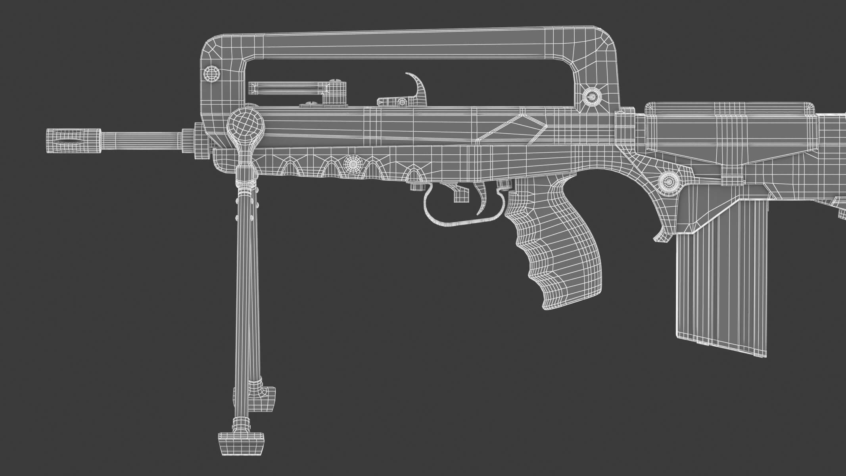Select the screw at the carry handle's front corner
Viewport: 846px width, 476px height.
pos(211,73)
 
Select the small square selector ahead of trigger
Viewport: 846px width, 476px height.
pos(460,195)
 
